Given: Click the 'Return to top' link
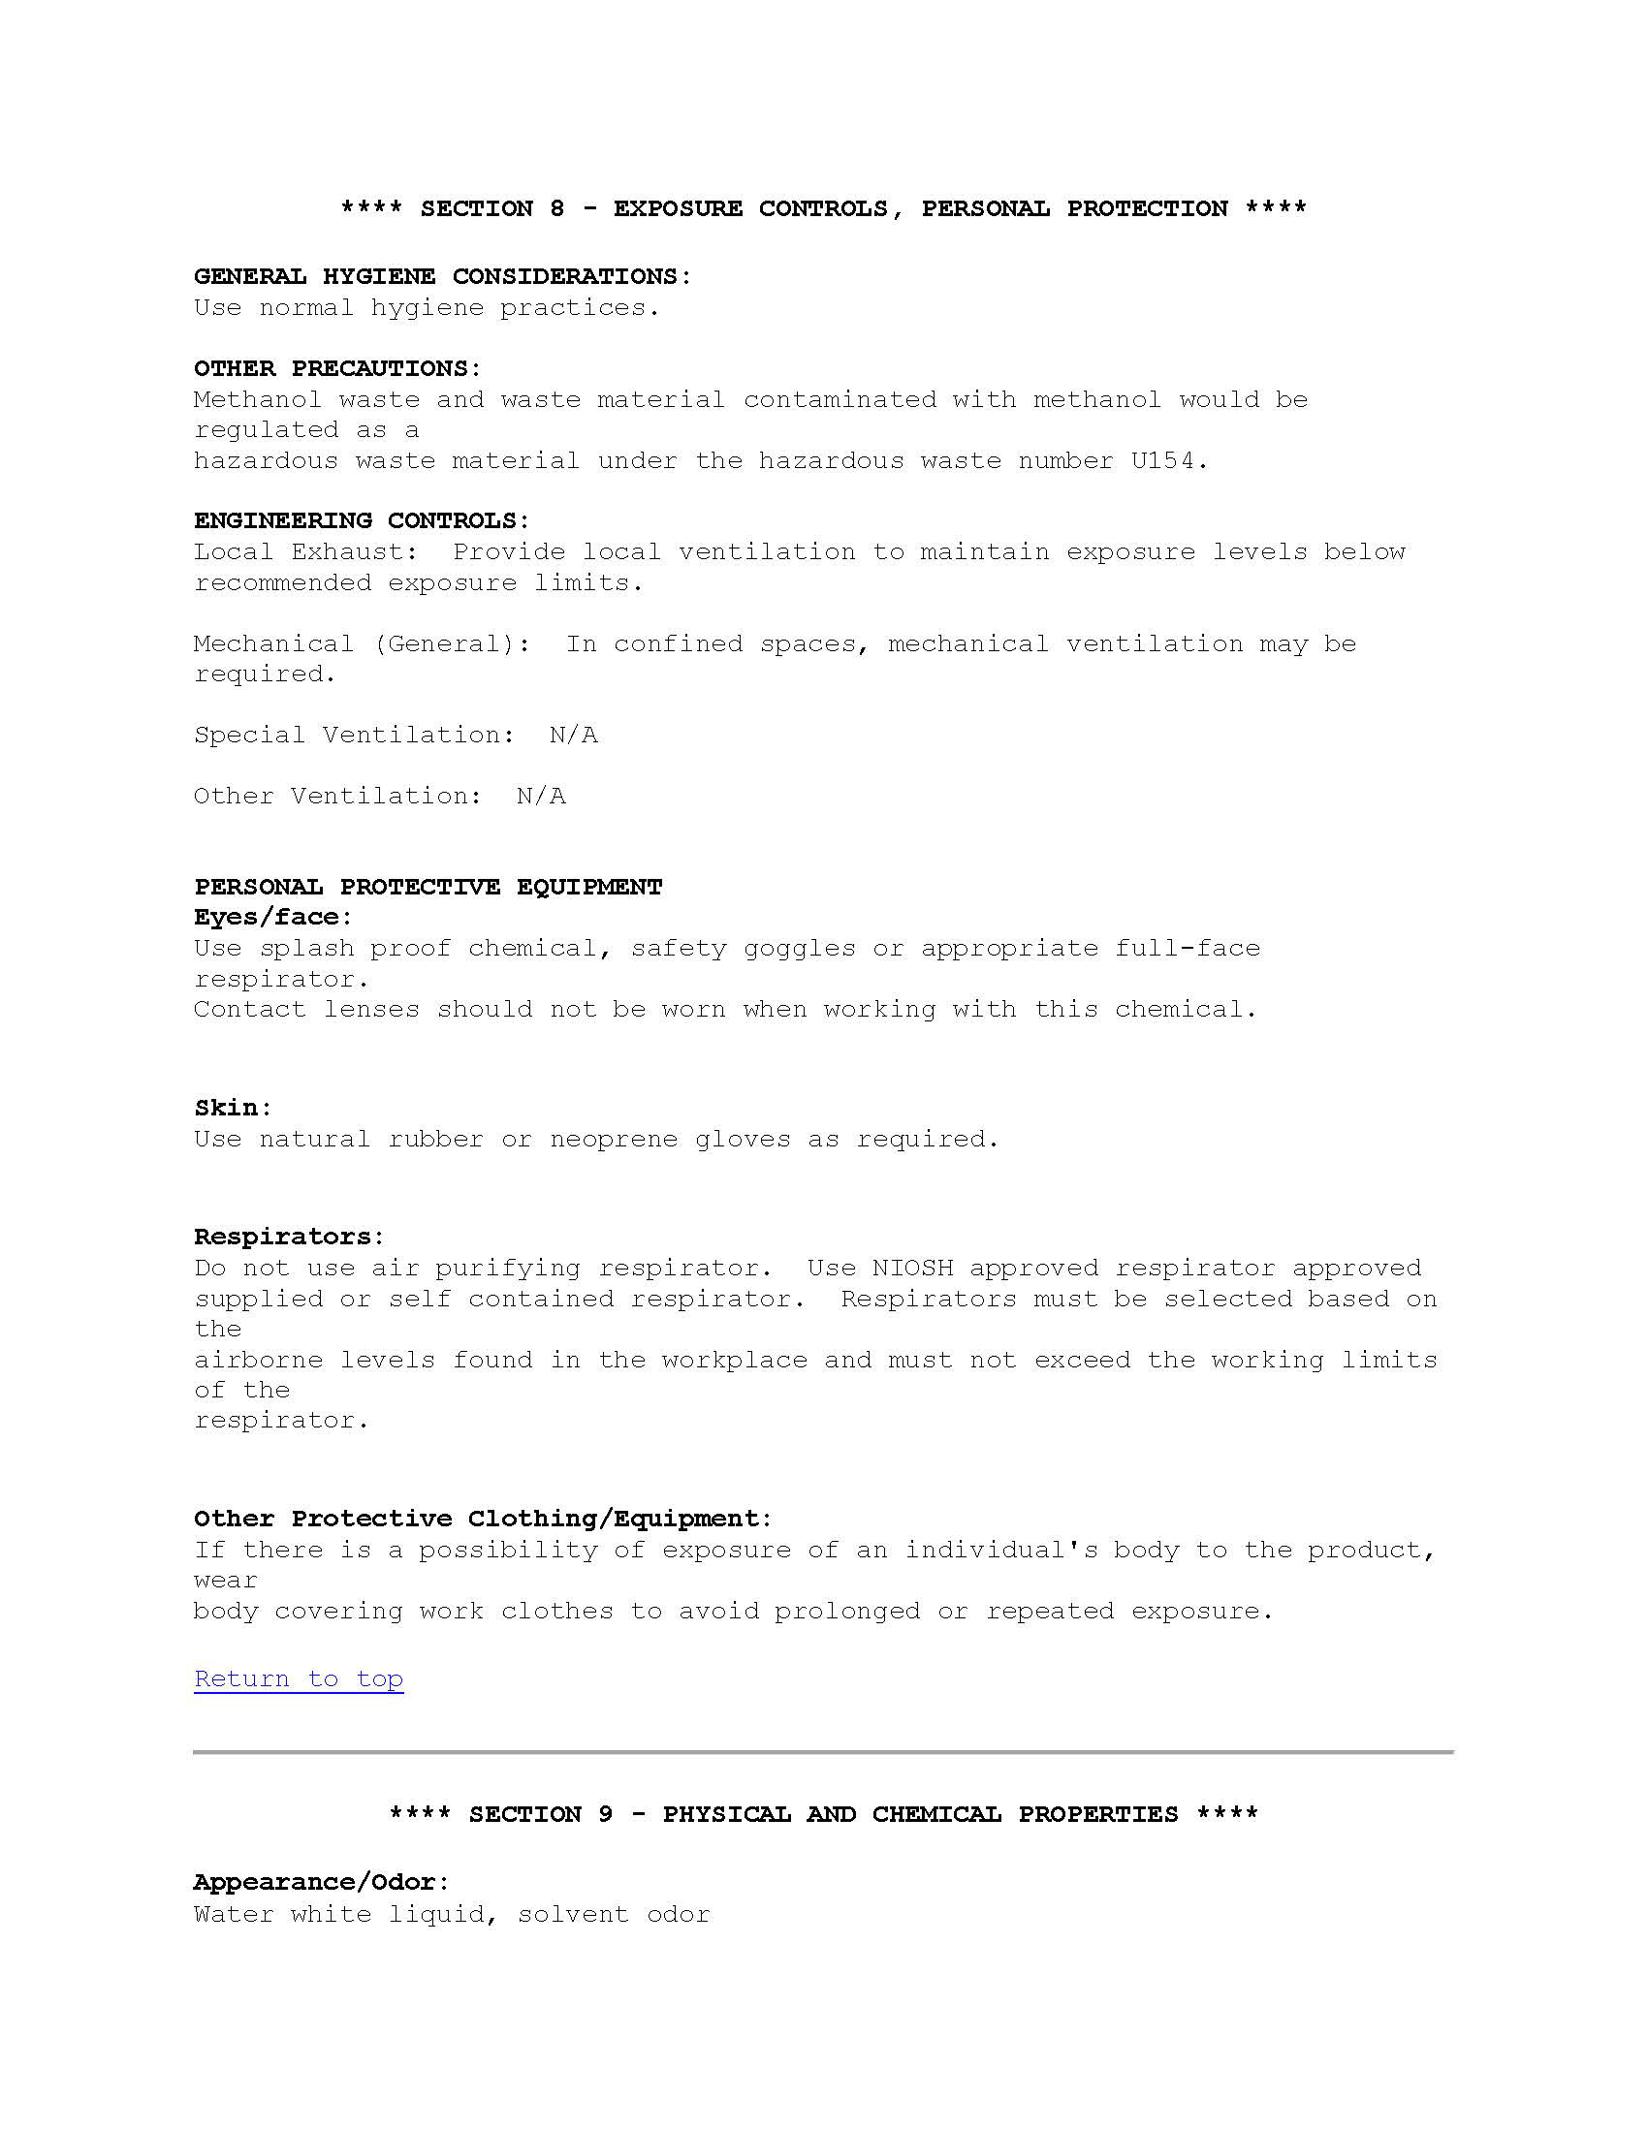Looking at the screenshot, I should [x=299, y=1679].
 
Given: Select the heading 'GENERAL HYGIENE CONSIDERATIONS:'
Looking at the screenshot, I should [x=442, y=277].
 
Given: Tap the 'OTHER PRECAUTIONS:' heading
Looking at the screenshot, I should [x=336, y=369].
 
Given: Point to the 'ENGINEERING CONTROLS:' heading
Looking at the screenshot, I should [x=362, y=521].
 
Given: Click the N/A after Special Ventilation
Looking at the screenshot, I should [x=573, y=736].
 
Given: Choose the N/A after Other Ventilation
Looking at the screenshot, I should [x=541, y=797].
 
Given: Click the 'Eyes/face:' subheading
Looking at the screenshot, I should [x=272, y=918].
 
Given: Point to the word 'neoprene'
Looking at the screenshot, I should [x=613, y=1140].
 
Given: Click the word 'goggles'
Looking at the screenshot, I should [x=799, y=949].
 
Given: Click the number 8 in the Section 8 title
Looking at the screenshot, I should [x=556, y=209].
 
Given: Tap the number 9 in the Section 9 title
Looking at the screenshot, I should [x=605, y=1815].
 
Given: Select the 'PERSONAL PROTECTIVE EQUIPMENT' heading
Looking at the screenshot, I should [x=428, y=888].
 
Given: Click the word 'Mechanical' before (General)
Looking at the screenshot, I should [x=273, y=644].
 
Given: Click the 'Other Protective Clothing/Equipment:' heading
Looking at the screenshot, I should [x=483, y=1519].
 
